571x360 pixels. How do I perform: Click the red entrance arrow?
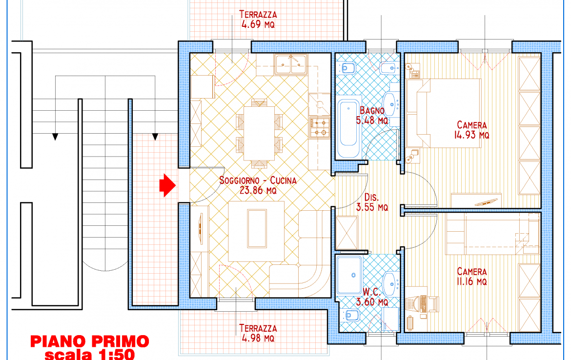pyautogui.click(x=167, y=185)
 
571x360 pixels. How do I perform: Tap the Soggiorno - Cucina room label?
pyautogui.click(x=258, y=180)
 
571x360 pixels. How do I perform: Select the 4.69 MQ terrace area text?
pyautogui.click(x=258, y=25)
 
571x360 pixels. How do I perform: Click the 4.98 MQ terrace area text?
pyautogui.click(x=258, y=338)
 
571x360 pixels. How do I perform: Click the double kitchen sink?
pyautogui.click(x=290, y=64)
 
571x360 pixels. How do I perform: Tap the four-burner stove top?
pyautogui.click(x=319, y=127)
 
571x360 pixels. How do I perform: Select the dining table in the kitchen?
pyautogui.click(x=259, y=133)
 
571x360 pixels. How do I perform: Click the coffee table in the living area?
pyautogui.click(x=256, y=229)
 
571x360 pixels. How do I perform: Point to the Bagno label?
pyautogui.click(x=372, y=110)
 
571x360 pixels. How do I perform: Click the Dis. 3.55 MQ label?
pyautogui.click(x=372, y=202)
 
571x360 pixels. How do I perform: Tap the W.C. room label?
pyautogui.click(x=371, y=292)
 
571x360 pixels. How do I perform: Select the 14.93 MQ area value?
pyautogui.click(x=471, y=135)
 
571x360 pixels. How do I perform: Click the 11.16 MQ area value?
pyautogui.click(x=471, y=281)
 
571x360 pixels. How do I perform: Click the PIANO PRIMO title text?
pyautogui.click(x=90, y=341)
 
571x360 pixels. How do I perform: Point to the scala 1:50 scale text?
pyautogui.click(x=90, y=354)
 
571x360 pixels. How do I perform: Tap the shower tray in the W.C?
pyautogui.click(x=349, y=275)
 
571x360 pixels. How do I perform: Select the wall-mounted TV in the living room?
pyautogui.click(x=200, y=228)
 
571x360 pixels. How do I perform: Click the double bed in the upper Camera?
pyautogui.click(x=444, y=113)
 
